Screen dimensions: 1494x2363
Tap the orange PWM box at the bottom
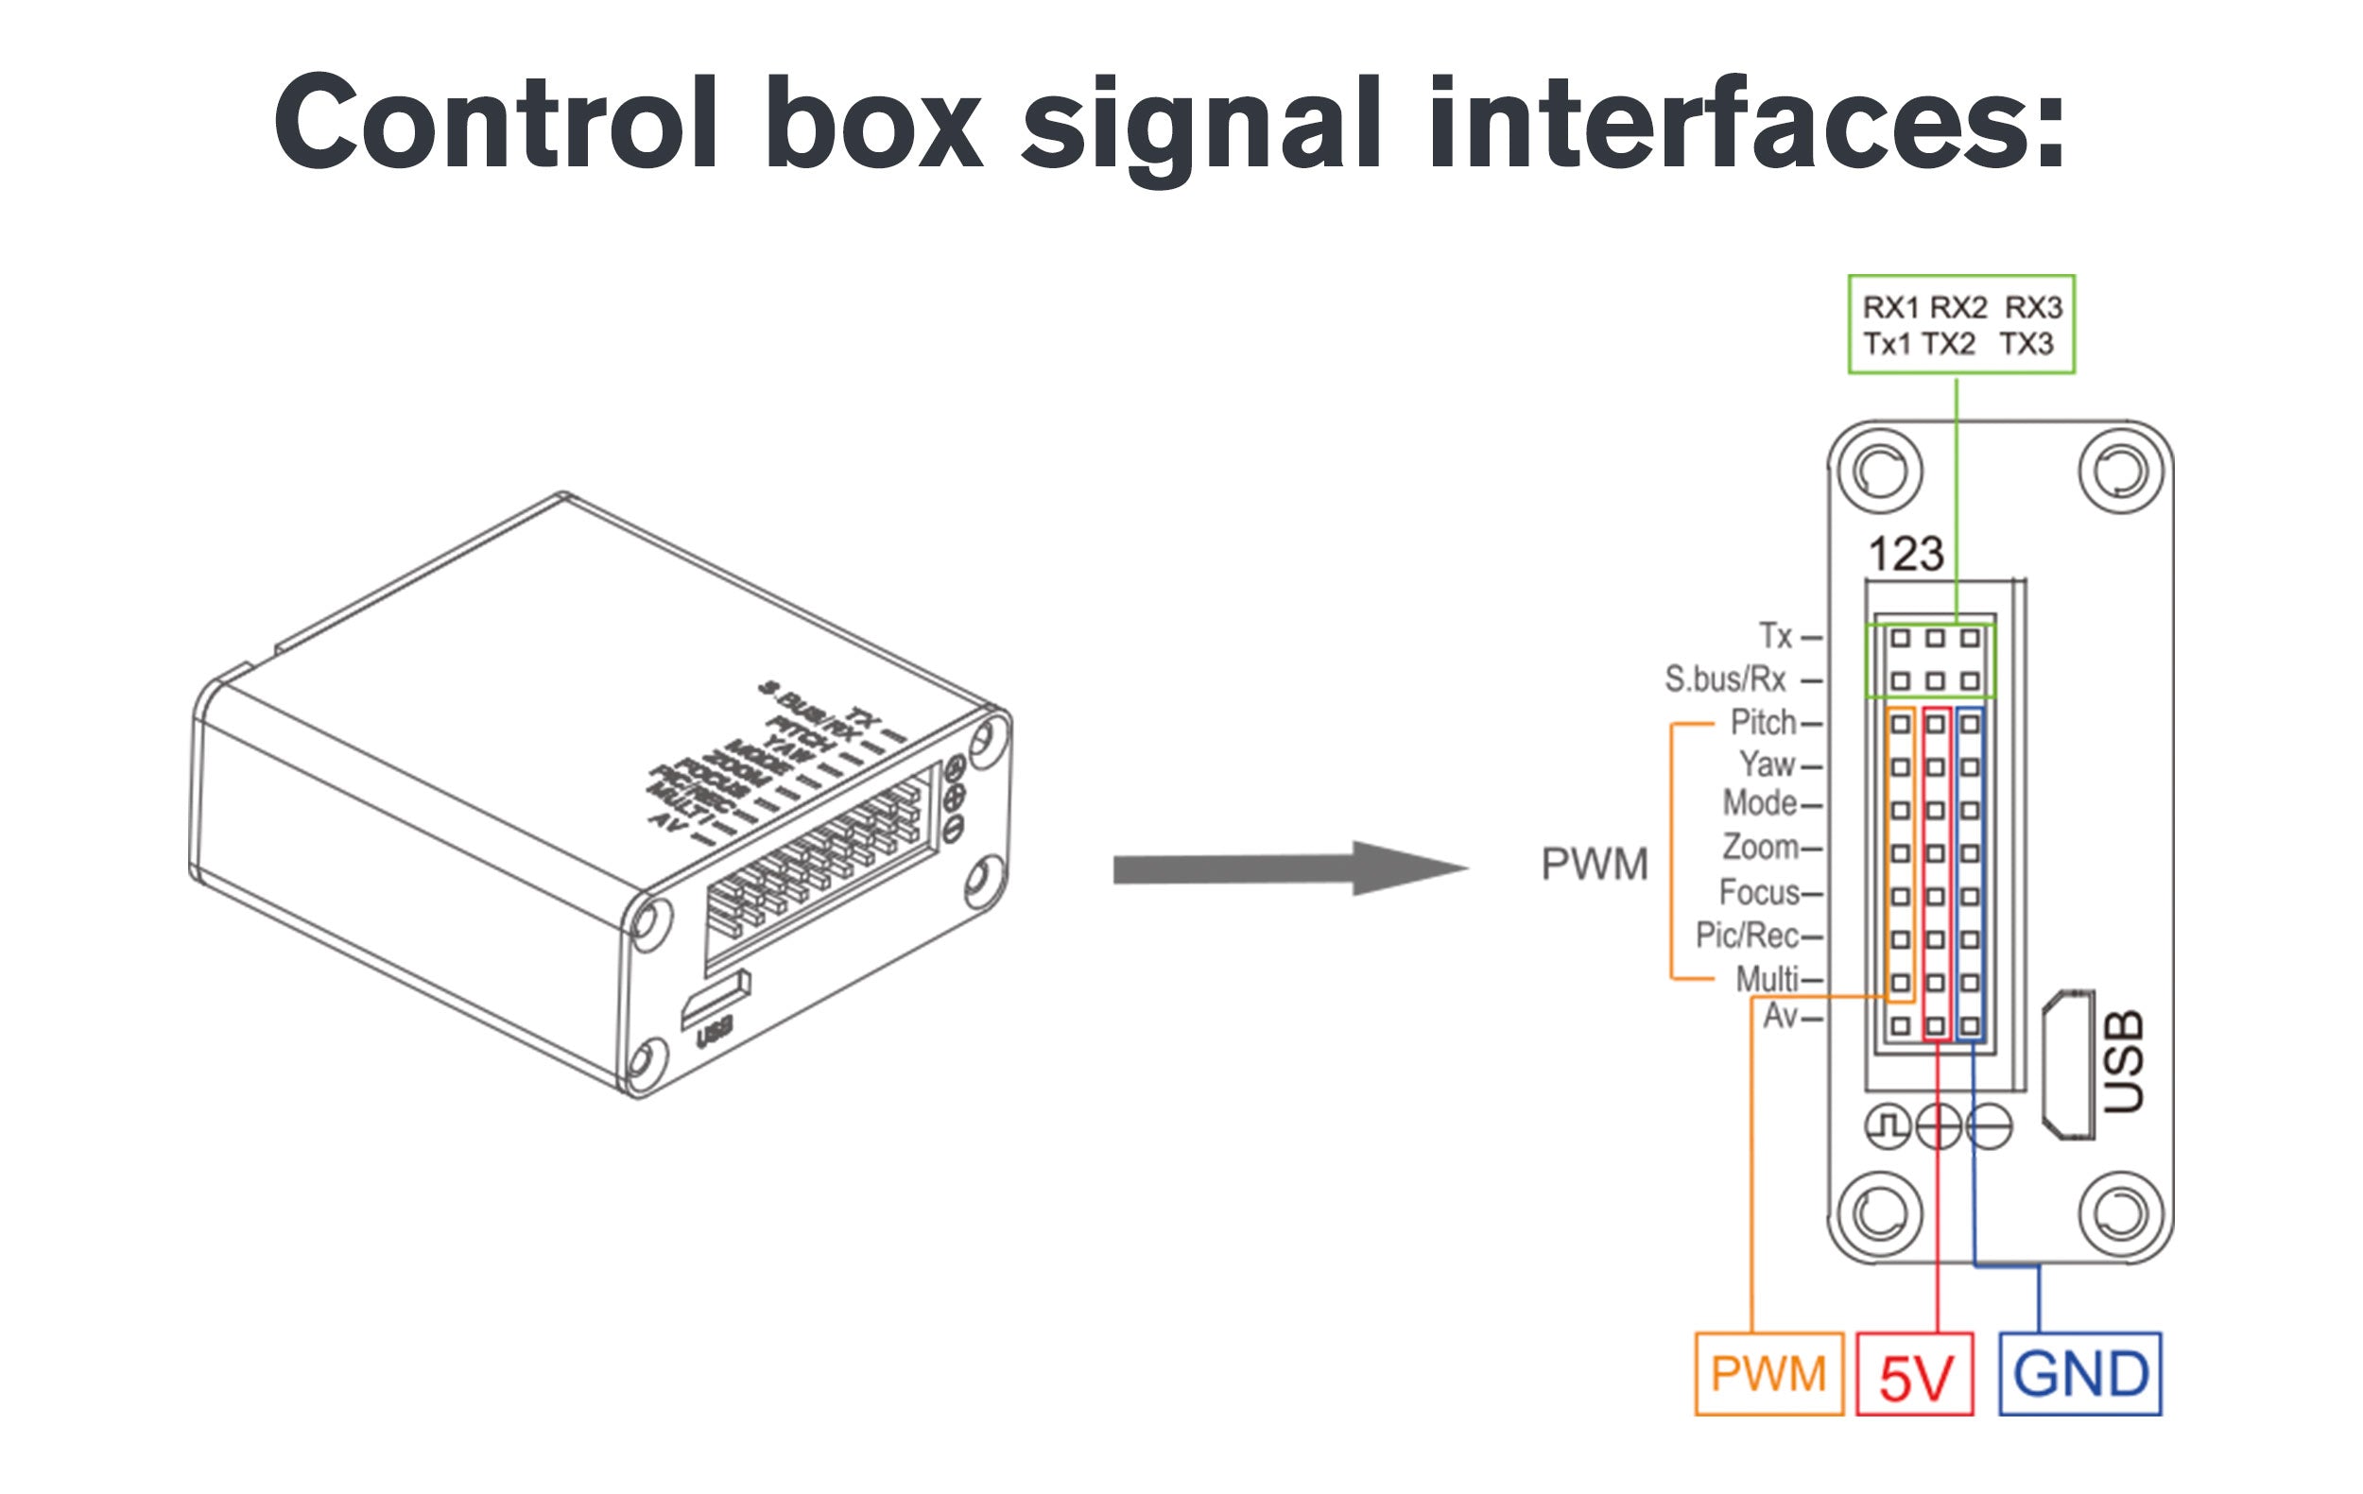(x=1768, y=1373)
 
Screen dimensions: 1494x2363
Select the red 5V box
(x=1915, y=1374)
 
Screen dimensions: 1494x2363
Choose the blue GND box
(x=2080, y=1373)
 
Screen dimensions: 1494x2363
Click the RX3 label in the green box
(x=2033, y=308)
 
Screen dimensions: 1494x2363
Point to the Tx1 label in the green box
(x=1887, y=344)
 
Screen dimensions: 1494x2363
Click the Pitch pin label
(x=1763, y=723)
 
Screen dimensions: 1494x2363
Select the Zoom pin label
(x=1761, y=847)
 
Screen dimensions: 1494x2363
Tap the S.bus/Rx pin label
(x=1725, y=678)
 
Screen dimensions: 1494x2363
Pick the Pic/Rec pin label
(x=1747, y=936)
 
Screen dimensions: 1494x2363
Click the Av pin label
(x=1780, y=1016)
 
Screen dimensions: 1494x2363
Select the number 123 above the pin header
(x=1906, y=555)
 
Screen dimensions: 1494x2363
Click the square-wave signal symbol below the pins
(x=1887, y=1126)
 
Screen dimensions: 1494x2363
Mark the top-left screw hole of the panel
(x=1879, y=472)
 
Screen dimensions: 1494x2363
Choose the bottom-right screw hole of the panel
(x=2121, y=1214)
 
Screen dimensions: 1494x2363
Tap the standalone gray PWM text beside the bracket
(x=1595, y=866)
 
